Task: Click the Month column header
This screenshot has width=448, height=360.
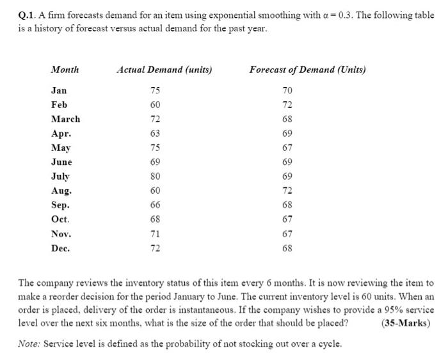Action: pyautogui.click(x=65, y=70)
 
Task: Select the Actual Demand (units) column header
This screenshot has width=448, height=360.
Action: pyautogui.click(x=164, y=70)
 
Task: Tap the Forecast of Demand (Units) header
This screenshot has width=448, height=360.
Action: pyautogui.click(x=307, y=70)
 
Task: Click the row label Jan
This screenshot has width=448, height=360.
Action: pyautogui.click(x=59, y=91)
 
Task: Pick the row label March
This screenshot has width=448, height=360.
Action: pyautogui.click(x=65, y=119)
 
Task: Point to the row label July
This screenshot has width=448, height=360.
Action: pyautogui.click(x=60, y=176)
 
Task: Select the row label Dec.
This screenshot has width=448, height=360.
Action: pyautogui.click(x=60, y=248)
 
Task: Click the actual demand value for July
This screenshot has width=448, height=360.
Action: pyautogui.click(x=155, y=176)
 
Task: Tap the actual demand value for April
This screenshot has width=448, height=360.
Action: pyautogui.click(x=155, y=134)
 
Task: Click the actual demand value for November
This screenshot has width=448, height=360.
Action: pyautogui.click(x=155, y=234)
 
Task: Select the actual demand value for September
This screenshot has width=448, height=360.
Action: pyautogui.click(x=155, y=205)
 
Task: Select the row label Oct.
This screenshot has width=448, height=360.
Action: pyautogui.click(x=60, y=219)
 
